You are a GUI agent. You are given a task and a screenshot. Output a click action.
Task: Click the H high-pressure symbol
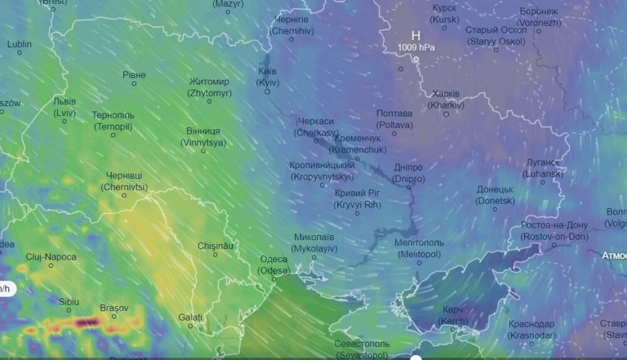pyautogui.click(x=416, y=36)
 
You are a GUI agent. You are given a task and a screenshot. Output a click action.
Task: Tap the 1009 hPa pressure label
pyautogui.click(x=416, y=47)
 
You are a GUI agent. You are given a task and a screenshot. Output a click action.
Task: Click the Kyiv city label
pyautogui.click(x=268, y=77)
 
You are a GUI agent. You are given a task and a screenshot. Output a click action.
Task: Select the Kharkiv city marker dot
pyautogui.click(x=446, y=114)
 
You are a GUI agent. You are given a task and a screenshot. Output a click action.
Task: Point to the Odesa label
pyautogui.click(x=274, y=265)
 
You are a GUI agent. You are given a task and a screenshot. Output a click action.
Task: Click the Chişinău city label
pyautogui.click(x=215, y=246)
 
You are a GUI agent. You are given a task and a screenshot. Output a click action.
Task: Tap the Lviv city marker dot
pyautogui.click(x=64, y=121)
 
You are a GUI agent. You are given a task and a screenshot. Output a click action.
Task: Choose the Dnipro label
pyautogui.click(x=409, y=173)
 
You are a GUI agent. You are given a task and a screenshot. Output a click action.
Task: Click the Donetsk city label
pyautogui.click(x=495, y=195)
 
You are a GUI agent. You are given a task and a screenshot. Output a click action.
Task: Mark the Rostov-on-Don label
pyautogui.click(x=554, y=231)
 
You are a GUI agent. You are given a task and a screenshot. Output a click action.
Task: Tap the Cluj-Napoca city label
pyautogui.click(x=51, y=257)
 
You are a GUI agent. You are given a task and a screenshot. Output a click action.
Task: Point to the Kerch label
pyautogui.click(x=453, y=315)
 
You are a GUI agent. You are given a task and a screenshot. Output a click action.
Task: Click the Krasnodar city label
pyautogui.click(x=531, y=329)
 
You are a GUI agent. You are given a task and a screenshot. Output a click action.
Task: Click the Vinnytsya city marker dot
pyautogui.click(x=203, y=151)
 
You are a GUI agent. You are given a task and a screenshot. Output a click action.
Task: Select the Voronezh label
pyautogui.click(x=539, y=17)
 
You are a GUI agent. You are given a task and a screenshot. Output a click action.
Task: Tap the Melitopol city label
pyautogui.click(x=419, y=248)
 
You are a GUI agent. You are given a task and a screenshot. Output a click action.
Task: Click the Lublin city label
pyautogui.click(x=19, y=44)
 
